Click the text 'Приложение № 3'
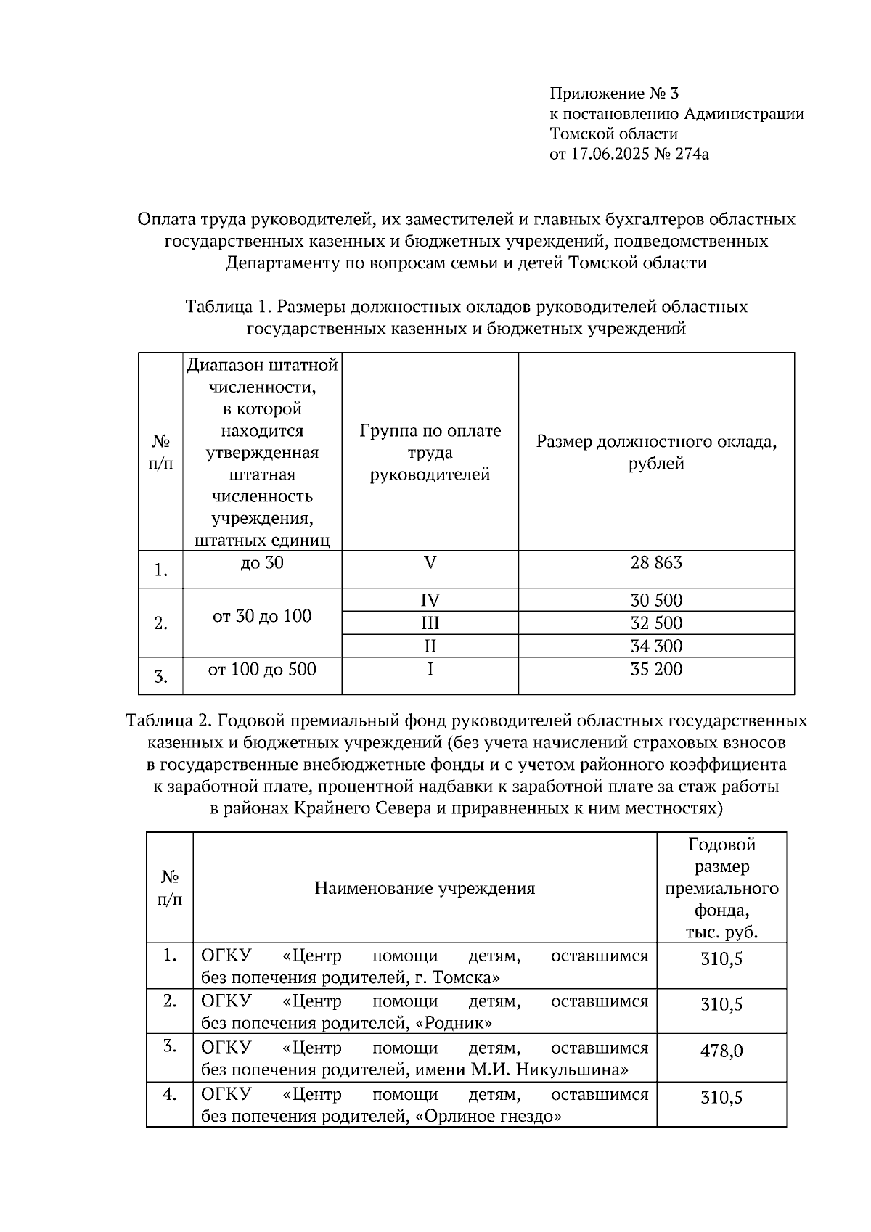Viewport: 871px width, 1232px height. click(x=614, y=94)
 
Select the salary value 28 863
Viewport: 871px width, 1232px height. click(x=656, y=563)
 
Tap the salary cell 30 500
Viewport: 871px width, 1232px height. click(x=656, y=600)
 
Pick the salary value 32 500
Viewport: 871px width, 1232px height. click(x=656, y=623)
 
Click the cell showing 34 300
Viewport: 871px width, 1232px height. click(x=656, y=646)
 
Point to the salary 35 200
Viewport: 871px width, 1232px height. click(x=656, y=669)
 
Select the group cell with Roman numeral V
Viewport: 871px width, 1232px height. click(x=430, y=563)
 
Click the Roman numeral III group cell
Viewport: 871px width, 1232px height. click(x=430, y=623)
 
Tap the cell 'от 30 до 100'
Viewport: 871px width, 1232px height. click(x=261, y=617)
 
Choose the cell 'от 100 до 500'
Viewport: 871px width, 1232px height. click(x=261, y=669)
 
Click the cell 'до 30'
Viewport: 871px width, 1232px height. click(x=261, y=563)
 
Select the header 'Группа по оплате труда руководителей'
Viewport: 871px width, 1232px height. click(x=430, y=453)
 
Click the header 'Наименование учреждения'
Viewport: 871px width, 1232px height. click(x=425, y=888)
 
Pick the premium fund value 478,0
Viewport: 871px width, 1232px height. click(x=721, y=1051)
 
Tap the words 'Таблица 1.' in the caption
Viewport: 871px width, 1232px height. click(x=229, y=307)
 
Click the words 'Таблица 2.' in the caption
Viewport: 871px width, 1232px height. click(x=168, y=721)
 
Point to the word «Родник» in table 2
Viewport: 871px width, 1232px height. click(x=454, y=1024)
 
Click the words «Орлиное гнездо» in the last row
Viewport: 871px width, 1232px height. click(x=488, y=1116)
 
